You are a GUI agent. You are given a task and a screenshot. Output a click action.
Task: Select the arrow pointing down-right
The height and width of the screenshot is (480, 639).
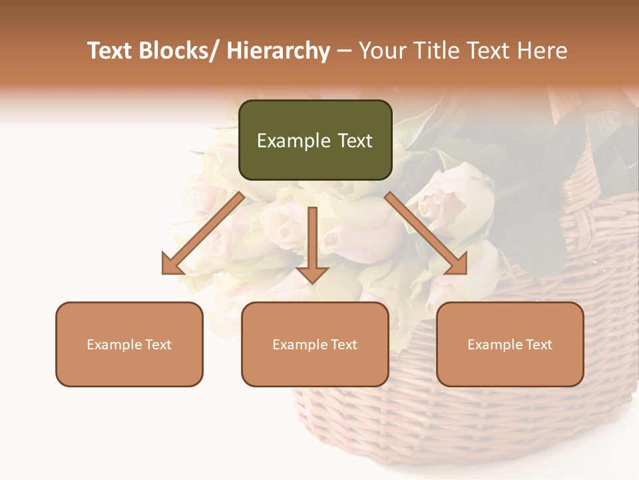click(426, 233)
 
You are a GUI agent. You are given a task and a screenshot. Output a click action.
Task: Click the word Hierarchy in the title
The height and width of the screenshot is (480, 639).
click(278, 51)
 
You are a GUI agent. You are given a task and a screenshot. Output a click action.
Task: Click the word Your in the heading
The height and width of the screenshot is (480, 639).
click(380, 51)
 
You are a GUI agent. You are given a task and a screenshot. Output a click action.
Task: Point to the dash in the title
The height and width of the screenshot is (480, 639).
click(344, 51)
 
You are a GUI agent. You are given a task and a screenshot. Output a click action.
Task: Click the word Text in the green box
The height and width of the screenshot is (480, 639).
click(354, 141)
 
